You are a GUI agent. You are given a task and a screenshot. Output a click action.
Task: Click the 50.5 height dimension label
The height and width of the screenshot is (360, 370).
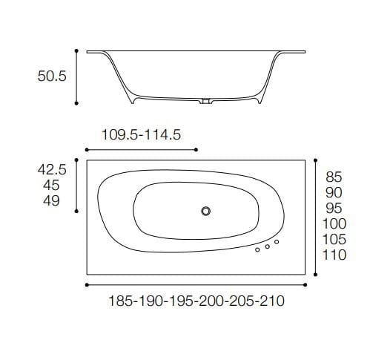click(53, 76)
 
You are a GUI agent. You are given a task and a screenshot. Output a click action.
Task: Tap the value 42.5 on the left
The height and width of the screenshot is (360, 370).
click(53, 170)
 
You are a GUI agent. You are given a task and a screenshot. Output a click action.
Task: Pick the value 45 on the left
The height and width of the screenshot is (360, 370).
click(53, 186)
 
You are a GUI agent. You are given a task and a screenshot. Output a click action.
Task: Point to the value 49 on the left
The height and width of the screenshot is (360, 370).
click(53, 202)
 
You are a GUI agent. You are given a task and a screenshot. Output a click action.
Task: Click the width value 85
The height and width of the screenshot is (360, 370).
click(334, 177)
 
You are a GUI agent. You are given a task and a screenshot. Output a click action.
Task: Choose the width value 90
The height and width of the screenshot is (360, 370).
click(334, 193)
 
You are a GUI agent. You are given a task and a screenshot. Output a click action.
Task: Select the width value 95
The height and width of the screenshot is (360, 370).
click(334, 209)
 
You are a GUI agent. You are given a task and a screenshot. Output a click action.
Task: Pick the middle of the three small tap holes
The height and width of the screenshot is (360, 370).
click(267, 246)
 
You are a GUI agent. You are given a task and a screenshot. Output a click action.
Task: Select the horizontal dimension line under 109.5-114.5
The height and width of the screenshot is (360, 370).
click(142, 149)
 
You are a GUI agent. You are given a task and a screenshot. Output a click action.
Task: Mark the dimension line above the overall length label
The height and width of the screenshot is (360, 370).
click(197, 285)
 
